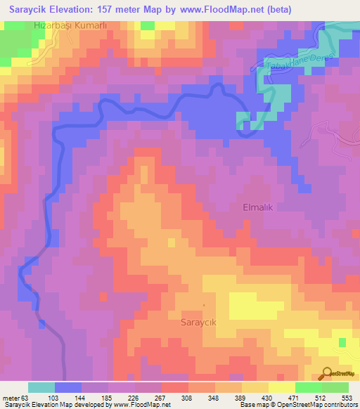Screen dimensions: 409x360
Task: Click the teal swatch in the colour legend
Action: pyautogui.click(x=41, y=387)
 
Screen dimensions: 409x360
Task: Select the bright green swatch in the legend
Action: pyautogui.click(x=308, y=387)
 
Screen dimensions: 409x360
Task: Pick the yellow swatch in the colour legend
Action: pyautogui.click(x=281, y=387)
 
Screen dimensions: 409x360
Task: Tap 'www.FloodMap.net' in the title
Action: pyautogui.click(x=215, y=9)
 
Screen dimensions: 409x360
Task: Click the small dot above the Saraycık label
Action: pyautogui.click(x=203, y=304)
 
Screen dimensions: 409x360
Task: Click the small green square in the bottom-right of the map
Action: pyautogui.click(x=342, y=342)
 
